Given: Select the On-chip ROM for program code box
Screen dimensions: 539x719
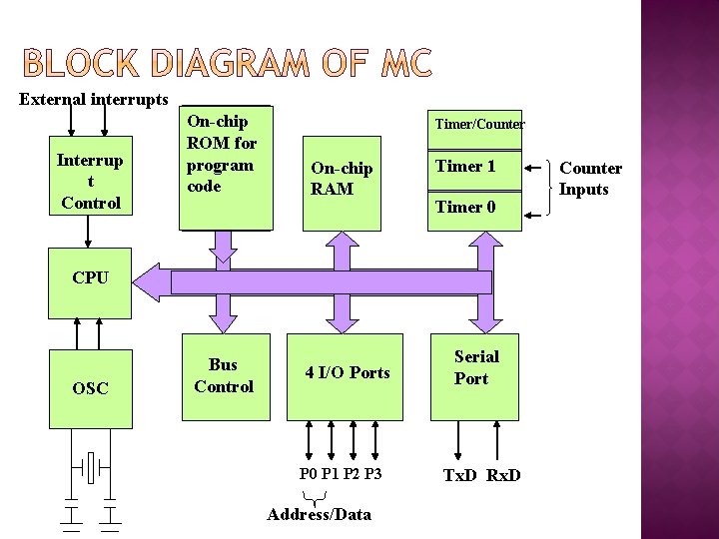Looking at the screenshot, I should pyautogui.click(x=225, y=167).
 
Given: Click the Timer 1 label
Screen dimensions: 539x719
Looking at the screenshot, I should pyautogui.click(x=465, y=166).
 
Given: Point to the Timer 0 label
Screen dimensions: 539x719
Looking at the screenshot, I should pyautogui.click(x=465, y=207).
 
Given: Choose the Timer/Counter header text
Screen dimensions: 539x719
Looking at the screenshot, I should pyautogui.click(x=478, y=124).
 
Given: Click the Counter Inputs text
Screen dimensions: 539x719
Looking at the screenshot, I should pyautogui.click(x=590, y=179).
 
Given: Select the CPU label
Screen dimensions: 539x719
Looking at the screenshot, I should pyautogui.click(x=90, y=277).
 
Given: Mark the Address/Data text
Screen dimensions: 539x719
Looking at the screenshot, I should pyautogui.click(x=320, y=515).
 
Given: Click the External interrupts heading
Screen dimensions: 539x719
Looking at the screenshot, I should pyautogui.click(x=94, y=100).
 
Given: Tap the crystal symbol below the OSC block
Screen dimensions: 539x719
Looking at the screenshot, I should pyautogui.click(x=90, y=466).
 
